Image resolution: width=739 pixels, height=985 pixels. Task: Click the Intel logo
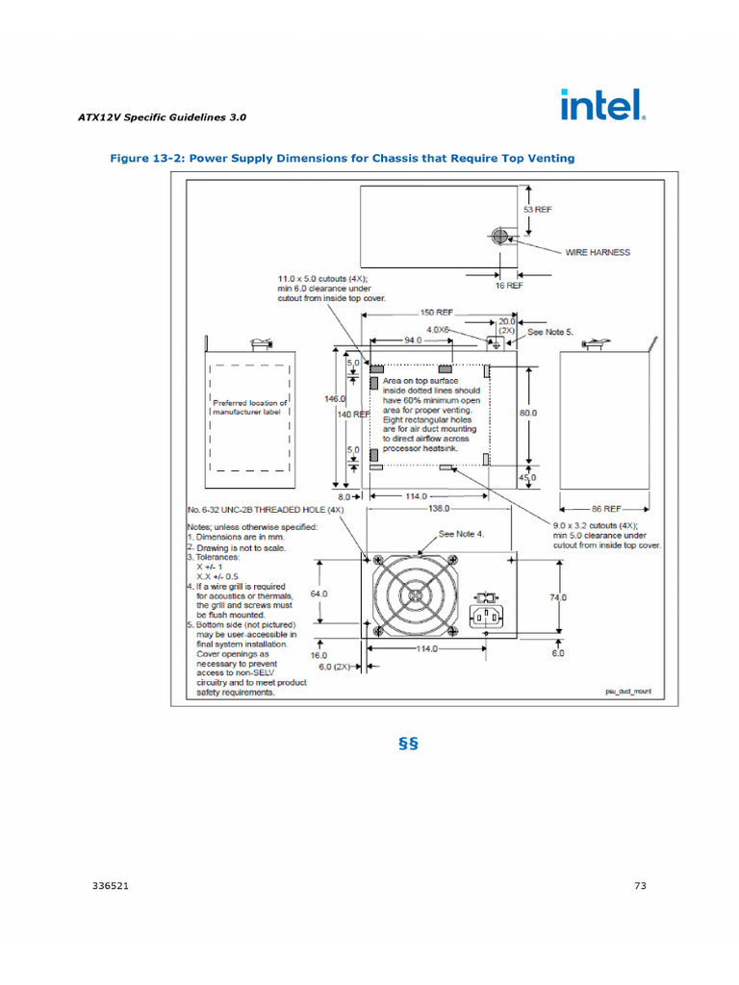[602, 105]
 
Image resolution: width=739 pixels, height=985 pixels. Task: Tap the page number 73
[640, 887]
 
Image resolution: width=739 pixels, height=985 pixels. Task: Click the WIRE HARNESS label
[597, 252]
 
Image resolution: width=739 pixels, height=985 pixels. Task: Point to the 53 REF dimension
[537, 209]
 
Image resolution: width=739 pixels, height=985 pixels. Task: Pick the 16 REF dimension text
[508, 286]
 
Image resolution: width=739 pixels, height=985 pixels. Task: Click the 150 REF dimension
[438, 313]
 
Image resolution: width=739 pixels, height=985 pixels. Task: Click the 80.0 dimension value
[528, 413]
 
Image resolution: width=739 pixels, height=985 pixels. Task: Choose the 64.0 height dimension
[319, 594]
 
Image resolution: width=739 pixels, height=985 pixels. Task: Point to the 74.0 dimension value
[558, 597]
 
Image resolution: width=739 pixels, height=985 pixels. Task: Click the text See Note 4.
[461, 533]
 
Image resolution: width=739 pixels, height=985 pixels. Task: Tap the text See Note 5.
[551, 332]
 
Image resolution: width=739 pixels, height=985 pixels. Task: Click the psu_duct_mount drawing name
[628, 691]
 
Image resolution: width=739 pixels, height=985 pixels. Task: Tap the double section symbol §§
[407, 745]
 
